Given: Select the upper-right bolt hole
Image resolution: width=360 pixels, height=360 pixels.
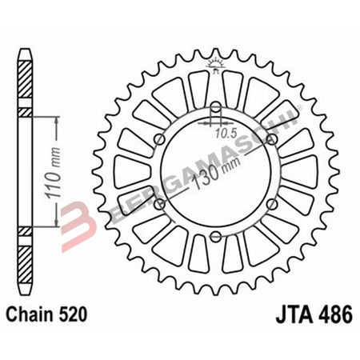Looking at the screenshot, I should point(272,139).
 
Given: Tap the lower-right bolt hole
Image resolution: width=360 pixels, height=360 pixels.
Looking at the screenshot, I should point(272,206).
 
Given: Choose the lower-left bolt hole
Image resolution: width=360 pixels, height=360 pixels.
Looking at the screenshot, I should point(158,206).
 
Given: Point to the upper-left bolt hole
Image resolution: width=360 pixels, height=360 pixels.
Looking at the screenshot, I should point(158,139).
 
